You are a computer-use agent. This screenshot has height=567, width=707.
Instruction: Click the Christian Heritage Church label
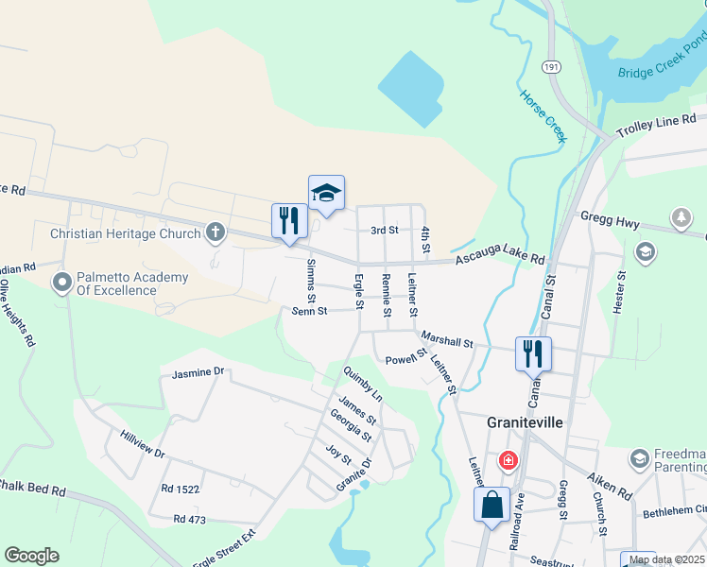point(125,233)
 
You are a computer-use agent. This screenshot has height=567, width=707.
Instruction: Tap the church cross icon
point(216,232)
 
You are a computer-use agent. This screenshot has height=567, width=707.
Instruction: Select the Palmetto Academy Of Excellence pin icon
point(63,282)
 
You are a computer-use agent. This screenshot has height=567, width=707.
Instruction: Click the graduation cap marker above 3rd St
point(326,193)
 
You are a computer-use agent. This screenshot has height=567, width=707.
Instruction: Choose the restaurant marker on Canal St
point(533,353)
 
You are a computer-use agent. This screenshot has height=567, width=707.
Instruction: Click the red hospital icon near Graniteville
point(509,460)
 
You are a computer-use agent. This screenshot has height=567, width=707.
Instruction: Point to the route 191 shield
point(551,67)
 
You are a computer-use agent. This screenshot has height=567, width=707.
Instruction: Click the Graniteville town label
point(525,422)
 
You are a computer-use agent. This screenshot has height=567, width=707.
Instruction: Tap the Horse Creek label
point(543,116)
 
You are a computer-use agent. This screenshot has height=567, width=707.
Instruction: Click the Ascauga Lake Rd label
point(500,252)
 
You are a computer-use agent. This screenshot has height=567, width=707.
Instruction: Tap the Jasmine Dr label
point(198,373)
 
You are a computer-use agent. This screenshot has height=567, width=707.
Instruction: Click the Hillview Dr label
point(143,446)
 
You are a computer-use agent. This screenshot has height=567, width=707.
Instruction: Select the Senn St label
point(309,311)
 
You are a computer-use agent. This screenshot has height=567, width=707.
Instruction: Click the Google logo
point(31,555)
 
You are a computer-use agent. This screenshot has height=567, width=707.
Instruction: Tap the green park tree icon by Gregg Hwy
point(681,219)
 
